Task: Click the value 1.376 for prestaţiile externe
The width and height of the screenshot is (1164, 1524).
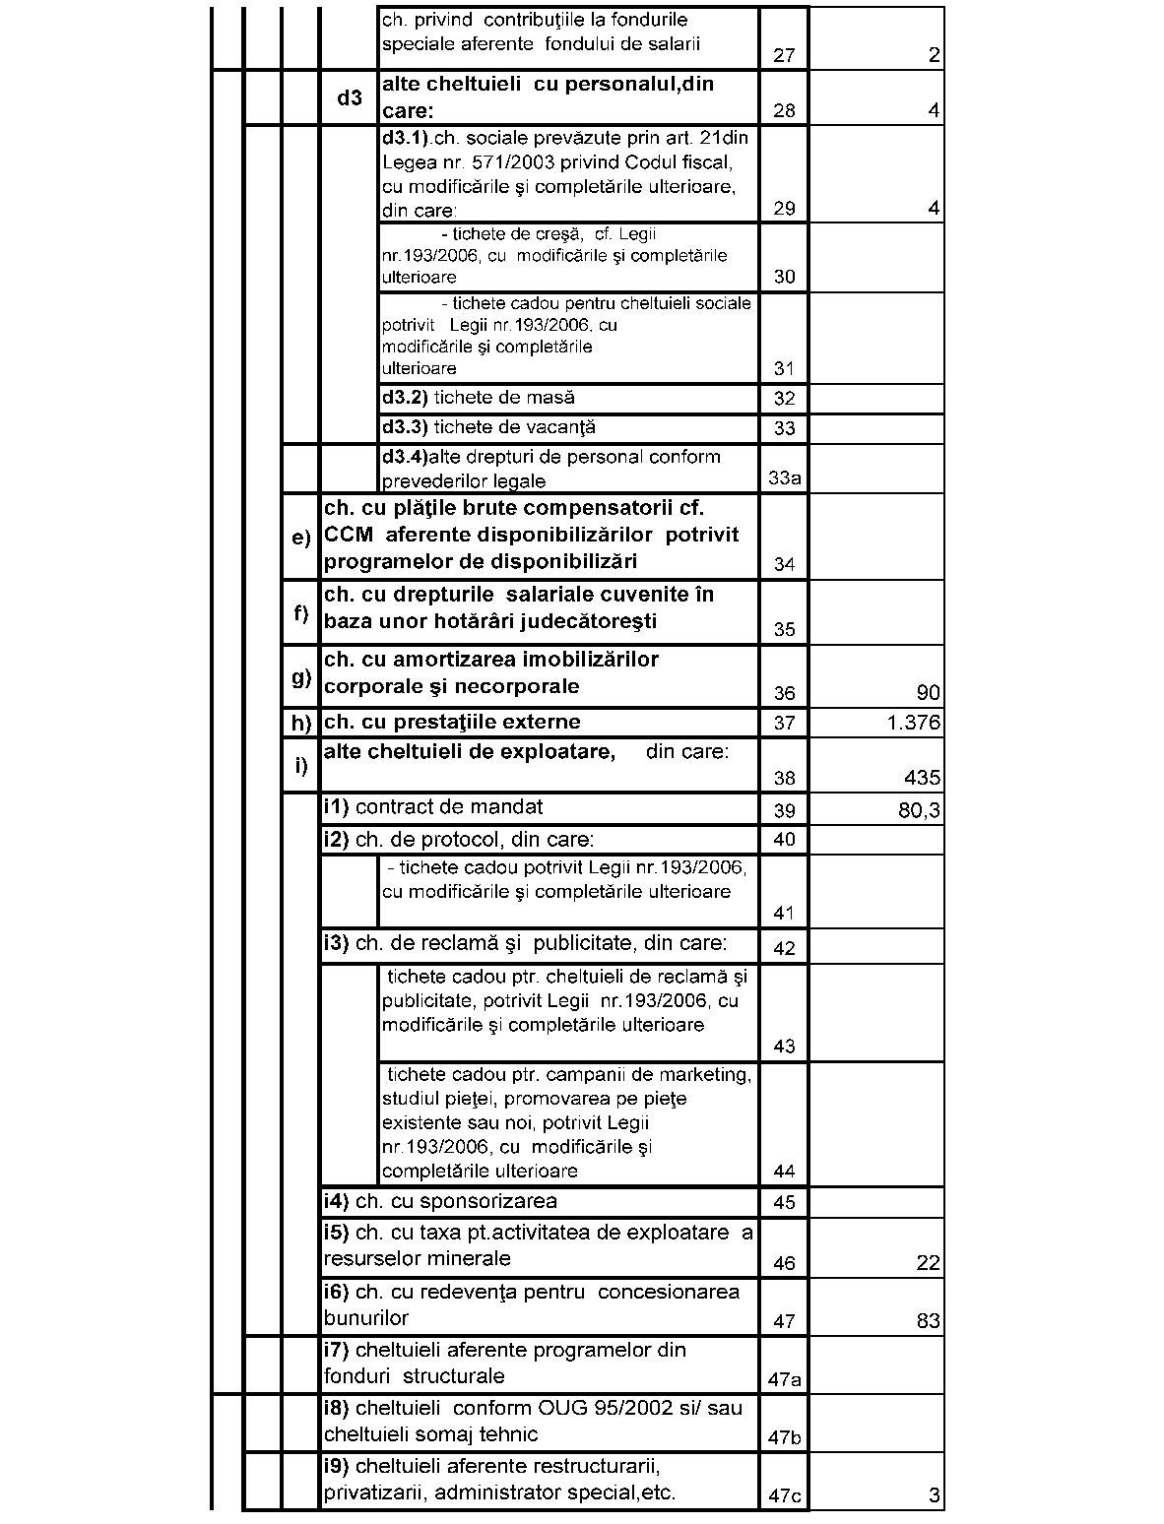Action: coord(913,724)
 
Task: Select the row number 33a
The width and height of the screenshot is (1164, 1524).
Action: coord(784,478)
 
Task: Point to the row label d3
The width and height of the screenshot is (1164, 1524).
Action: coord(350,97)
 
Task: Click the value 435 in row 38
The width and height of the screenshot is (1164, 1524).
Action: coord(922,778)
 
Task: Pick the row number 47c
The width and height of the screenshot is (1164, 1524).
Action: coord(784,1496)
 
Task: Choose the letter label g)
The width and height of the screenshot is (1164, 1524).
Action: coord(301,676)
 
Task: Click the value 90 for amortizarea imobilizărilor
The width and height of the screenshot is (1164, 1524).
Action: coord(928,693)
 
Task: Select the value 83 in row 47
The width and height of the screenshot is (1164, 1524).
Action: coord(928,1321)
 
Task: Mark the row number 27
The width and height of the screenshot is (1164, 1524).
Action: coord(784,55)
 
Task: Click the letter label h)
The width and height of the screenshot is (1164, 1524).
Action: coord(301,723)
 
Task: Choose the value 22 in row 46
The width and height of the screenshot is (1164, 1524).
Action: coord(928,1263)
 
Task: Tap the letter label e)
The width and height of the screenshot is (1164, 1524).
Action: coord(301,538)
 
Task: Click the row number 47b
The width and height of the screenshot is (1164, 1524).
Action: coord(784,1437)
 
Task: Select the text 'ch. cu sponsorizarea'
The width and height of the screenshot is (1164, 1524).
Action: coord(440,1201)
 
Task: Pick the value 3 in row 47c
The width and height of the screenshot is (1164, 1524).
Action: coord(935,1496)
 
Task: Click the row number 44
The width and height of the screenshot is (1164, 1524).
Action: coord(784,1172)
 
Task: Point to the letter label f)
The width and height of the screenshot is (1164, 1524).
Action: coord(301,612)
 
